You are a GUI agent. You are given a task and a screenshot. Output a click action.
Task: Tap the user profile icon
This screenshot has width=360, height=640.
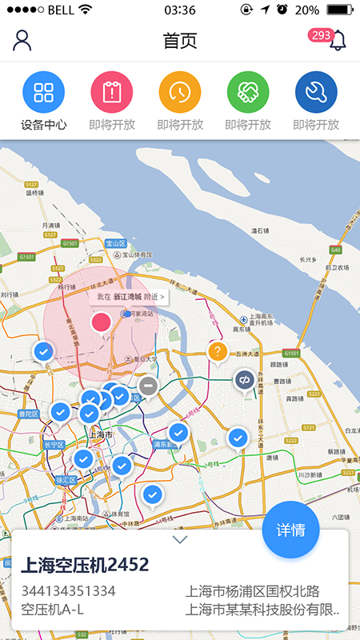[22, 40]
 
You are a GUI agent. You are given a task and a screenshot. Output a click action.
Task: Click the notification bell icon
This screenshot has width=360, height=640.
[339, 40]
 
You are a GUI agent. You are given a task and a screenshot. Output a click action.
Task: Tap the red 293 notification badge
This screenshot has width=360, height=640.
[321, 35]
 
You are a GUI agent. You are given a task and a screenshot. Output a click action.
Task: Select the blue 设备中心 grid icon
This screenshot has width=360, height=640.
[43, 91]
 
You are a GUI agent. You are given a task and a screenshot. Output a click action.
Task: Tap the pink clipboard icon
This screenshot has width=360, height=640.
[111, 91]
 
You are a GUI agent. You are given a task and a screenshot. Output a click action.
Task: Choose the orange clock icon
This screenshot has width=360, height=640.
[179, 91]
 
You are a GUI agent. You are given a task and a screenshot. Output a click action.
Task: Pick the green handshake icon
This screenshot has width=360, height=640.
[248, 91]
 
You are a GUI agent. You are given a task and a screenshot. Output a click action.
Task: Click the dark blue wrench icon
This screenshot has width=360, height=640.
[316, 91]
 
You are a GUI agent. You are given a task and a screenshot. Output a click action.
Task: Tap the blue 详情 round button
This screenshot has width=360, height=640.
[290, 530]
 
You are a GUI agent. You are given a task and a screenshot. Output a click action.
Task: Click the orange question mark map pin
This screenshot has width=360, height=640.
[218, 350]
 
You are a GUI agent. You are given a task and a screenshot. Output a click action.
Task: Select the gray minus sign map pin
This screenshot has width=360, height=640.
[148, 386]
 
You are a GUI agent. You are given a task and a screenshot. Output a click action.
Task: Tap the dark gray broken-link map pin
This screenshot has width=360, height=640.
[244, 379]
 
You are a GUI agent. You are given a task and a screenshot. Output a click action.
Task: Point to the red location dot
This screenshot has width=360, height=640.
[101, 322]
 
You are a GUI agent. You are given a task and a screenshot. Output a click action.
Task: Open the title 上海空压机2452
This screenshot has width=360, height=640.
[85, 565]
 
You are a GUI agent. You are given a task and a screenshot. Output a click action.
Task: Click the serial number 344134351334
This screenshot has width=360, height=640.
[68, 591]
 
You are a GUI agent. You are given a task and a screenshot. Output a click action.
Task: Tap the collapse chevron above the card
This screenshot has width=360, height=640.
[180, 539]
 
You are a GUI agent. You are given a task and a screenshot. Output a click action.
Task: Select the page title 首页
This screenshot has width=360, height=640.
[179, 41]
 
